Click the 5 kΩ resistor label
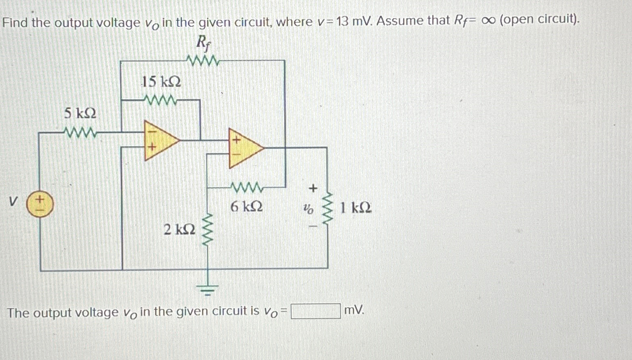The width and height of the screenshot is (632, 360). (x=80, y=113)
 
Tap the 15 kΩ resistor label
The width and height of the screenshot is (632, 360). (x=161, y=82)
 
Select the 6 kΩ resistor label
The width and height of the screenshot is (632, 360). (x=246, y=207)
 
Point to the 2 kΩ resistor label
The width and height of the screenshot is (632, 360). (x=179, y=230)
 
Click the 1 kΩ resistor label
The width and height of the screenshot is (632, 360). (x=356, y=208)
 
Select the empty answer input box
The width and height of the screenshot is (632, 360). (x=316, y=311)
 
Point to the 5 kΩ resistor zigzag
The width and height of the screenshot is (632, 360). (x=80, y=132)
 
